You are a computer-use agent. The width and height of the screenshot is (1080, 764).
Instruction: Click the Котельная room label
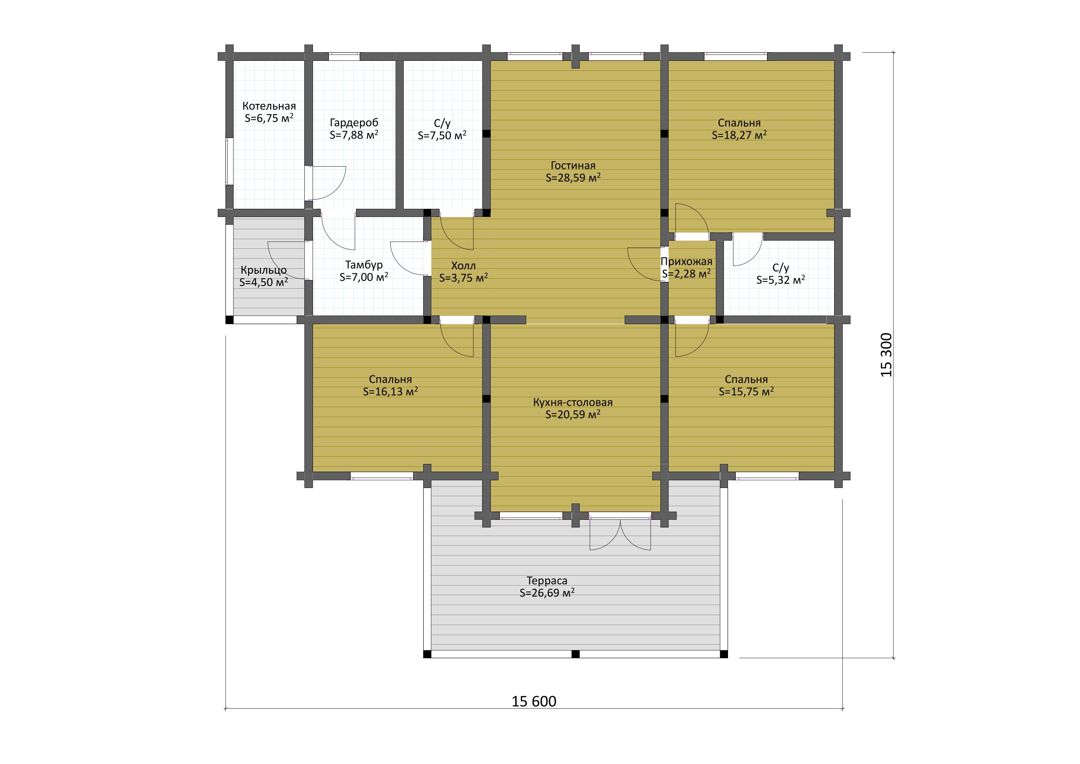click(x=269, y=106)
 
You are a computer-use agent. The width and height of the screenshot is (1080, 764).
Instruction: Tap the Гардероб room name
click(x=354, y=123)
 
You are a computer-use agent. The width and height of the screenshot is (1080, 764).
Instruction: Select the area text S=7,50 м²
click(x=442, y=136)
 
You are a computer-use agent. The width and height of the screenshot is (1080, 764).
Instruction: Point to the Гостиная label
click(x=573, y=166)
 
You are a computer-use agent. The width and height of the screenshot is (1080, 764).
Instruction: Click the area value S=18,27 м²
click(x=739, y=135)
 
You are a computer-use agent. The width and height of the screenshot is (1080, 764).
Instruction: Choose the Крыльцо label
click(x=264, y=271)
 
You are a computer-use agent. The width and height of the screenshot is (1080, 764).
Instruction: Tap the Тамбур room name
click(x=364, y=265)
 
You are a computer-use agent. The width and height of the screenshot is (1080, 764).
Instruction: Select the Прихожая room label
click(x=686, y=262)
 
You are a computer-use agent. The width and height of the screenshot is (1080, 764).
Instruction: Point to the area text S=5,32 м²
click(x=781, y=280)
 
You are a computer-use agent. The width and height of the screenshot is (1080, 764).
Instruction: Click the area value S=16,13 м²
click(x=391, y=392)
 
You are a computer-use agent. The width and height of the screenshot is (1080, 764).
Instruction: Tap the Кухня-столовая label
click(x=573, y=403)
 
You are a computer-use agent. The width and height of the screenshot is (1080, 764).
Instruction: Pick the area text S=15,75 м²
click(x=747, y=392)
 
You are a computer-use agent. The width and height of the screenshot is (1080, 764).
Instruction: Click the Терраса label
click(x=547, y=581)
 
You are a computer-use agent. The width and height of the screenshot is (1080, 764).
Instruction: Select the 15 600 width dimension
click(x=534, y=702)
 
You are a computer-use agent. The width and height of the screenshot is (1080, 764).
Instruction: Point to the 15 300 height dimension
click(x=886, y=355)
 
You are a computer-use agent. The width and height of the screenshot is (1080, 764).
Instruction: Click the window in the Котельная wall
click(x=230, y=161)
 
